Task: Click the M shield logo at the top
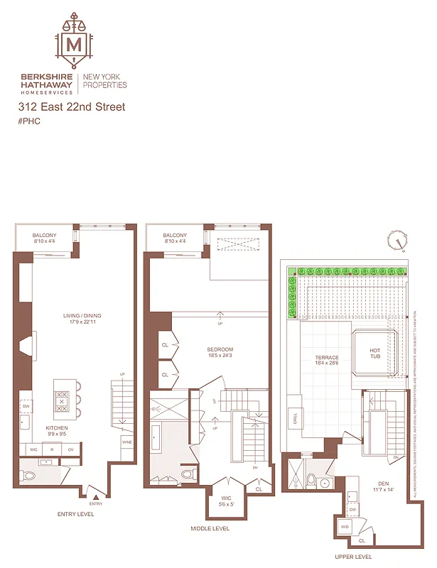pos(74,44)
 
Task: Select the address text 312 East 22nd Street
pos(72,107)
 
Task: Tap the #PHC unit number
pos(29,121)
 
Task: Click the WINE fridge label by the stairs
pos(126,442)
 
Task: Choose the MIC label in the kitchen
pos(33,449)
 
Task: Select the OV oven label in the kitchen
pos(70,449)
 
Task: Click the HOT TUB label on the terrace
pos(375,354)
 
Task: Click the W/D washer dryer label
pos(345,527)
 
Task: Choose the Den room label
pos(383,486)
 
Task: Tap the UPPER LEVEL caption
pos(353,557)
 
